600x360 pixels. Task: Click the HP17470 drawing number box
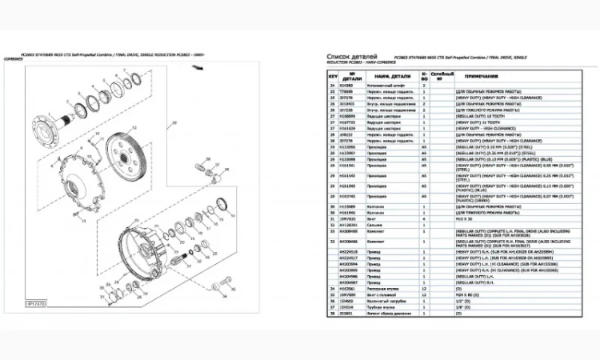38,305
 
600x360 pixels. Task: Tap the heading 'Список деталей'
352,57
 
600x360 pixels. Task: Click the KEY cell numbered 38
333,308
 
